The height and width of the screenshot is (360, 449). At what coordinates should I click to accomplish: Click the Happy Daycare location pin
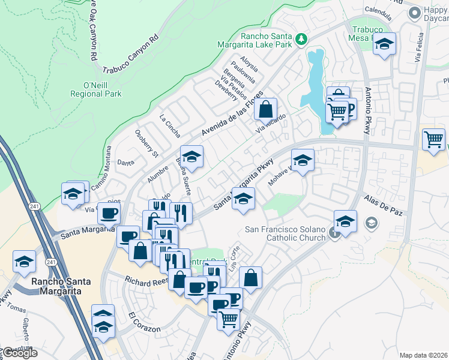[413, 13]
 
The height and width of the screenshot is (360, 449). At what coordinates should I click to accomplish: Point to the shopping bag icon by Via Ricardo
[265, 110]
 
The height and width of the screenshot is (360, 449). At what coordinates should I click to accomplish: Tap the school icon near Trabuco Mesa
[384, 44]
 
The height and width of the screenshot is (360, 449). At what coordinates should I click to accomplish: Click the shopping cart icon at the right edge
[433, 140]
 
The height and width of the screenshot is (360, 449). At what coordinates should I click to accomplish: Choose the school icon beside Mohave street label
[303, 160]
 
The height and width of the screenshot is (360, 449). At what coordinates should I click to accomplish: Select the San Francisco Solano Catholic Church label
[285, 233]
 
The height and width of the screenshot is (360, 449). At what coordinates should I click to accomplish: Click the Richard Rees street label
[145, 280]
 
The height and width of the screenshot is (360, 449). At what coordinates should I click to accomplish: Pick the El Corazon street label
[144, 322]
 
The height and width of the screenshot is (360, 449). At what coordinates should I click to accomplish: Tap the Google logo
[19, 353]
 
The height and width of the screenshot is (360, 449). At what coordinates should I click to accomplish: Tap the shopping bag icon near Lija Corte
[250, 278]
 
